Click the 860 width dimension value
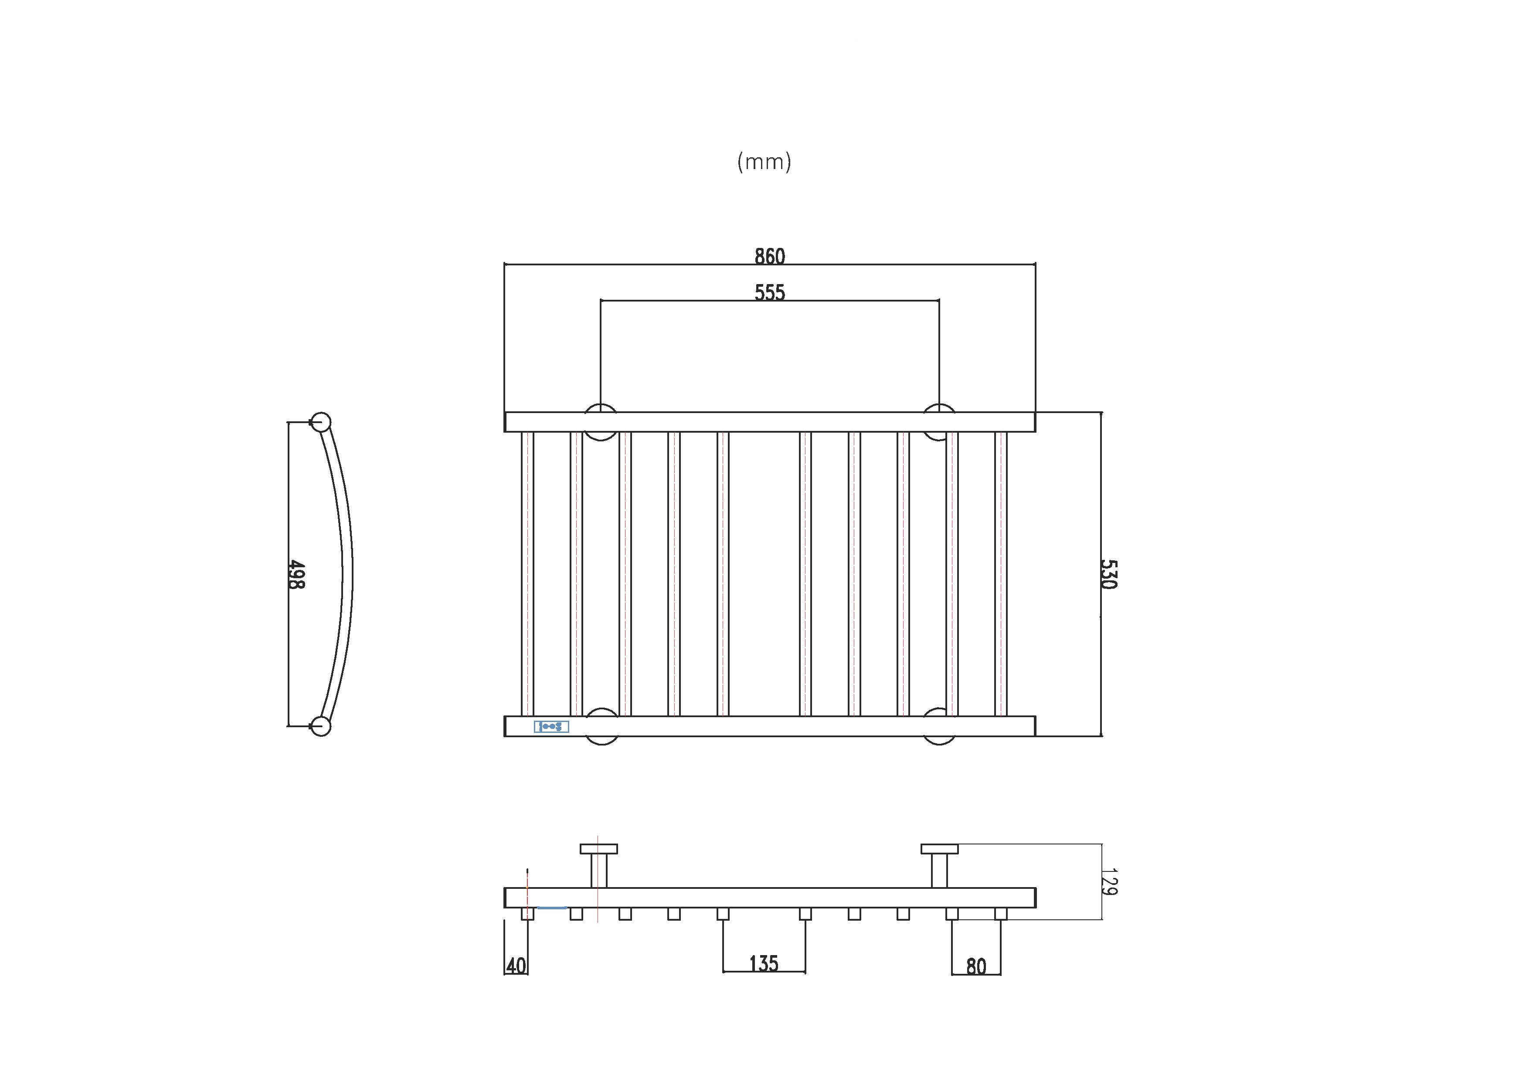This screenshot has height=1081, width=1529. click(770, 256)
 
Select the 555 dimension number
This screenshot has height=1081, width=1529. click(770, 292)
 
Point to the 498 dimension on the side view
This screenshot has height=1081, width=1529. click(297, 574)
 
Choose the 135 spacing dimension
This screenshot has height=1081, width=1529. click(764, 963)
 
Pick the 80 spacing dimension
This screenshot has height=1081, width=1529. click(976, 966)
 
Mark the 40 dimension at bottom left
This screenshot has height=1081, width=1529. click(516, 966)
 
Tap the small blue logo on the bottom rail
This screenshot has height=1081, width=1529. click(551, 726)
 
